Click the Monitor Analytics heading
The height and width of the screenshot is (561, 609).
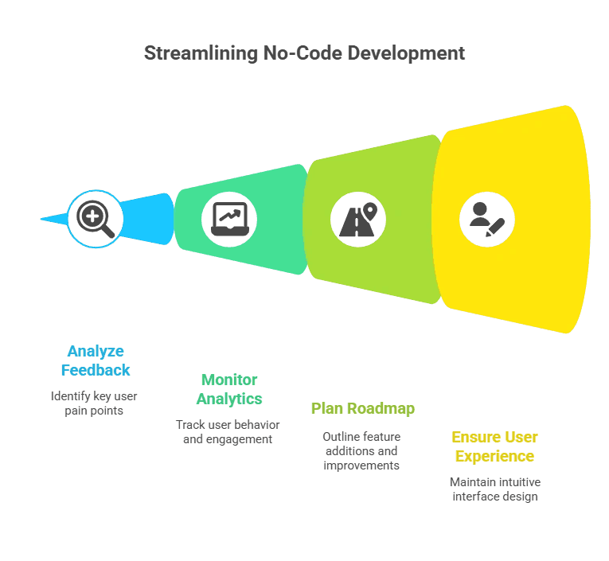coord(229,389)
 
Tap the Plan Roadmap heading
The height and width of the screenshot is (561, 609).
coord(362,409)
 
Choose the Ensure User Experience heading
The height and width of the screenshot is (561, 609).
coord(494,446)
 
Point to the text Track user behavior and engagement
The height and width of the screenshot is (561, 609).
coord(228,431)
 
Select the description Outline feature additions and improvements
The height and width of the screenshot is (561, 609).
coord(361,450)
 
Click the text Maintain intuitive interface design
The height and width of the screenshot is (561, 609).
coord(494,489)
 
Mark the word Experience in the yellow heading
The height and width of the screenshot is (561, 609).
coord(494,456)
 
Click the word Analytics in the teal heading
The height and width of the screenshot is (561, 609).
coord(229,399)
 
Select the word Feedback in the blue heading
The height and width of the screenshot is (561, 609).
coord(96,370)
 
